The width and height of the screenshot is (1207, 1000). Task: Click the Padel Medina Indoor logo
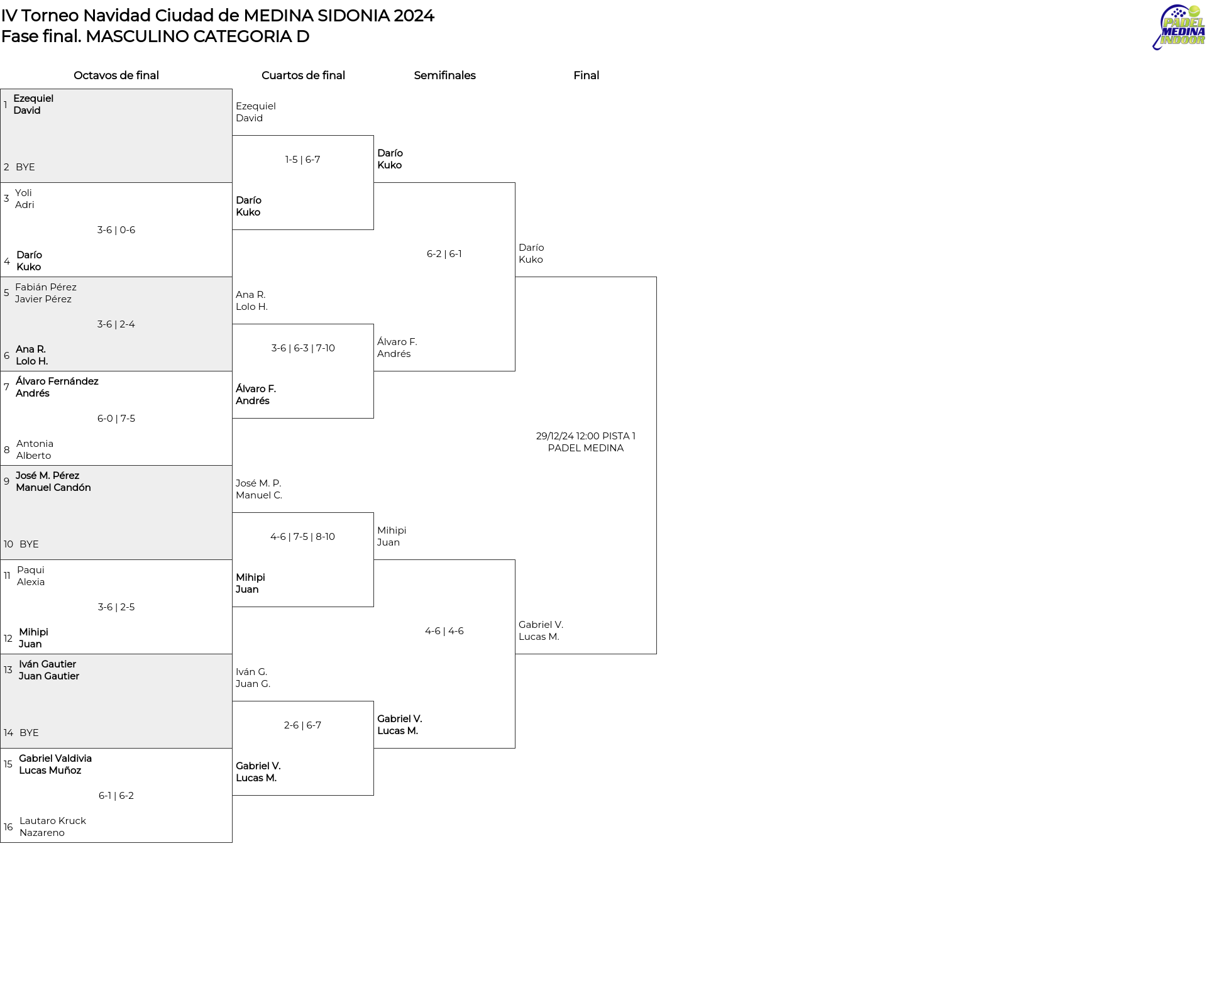coord(1179,27)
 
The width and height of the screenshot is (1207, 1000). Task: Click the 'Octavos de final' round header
coord(116,75)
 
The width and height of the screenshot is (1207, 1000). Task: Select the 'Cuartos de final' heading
coord(303,75)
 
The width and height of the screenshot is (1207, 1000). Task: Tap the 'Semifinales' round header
coord(444,75)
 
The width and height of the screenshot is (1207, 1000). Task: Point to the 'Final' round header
coord(586,75)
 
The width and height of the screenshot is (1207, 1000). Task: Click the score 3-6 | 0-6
coord(116,230)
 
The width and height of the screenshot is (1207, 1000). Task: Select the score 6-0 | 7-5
coord(116,419)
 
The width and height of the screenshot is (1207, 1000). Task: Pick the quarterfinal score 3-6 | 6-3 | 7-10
coord(303,348)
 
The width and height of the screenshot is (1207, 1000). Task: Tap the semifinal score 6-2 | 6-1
coord(444,254)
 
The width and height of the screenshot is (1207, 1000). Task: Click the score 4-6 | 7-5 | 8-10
coord(303,537)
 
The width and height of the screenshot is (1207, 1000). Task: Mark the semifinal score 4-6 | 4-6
coord(444,631)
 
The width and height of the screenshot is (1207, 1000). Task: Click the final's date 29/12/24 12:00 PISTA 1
coord(586,436)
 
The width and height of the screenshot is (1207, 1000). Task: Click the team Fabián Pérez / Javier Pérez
coord(46,293)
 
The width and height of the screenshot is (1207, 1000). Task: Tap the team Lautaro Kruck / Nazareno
coord(53,827)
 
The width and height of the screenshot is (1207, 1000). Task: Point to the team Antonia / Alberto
coord(35,449)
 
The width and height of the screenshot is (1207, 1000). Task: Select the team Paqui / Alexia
coord(31,576)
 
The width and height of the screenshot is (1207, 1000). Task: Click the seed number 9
coord(6,481)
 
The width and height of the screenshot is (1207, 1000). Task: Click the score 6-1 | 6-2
coord(116,796)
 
